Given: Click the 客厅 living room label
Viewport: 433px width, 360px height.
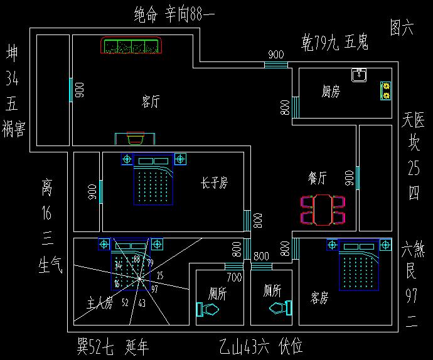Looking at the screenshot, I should [151, 102].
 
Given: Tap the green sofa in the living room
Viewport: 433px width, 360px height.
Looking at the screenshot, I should [132, 46].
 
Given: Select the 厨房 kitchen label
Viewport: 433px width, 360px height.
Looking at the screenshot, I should [331, 92].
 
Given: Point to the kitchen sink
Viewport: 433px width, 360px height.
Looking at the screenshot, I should [359, 75].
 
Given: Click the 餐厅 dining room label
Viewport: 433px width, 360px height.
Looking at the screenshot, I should [318, 178].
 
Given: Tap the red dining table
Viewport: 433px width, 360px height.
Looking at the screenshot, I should [323, 209].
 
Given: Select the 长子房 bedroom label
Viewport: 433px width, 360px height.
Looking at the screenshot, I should [214, 183].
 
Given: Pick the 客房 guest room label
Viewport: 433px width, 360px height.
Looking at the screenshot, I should [319, 299].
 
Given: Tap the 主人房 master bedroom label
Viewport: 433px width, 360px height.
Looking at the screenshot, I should [100, 305].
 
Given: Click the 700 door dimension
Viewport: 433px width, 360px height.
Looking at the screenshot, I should [234, 277].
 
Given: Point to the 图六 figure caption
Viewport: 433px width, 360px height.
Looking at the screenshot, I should [402, 28].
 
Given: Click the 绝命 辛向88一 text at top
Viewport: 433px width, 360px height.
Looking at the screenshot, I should [175, 15].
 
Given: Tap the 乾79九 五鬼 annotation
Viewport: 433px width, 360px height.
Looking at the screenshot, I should [334, 43].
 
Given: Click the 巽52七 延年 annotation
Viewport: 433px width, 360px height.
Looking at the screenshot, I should [113, 346].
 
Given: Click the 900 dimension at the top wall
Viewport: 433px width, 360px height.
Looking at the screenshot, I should [275, 55].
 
